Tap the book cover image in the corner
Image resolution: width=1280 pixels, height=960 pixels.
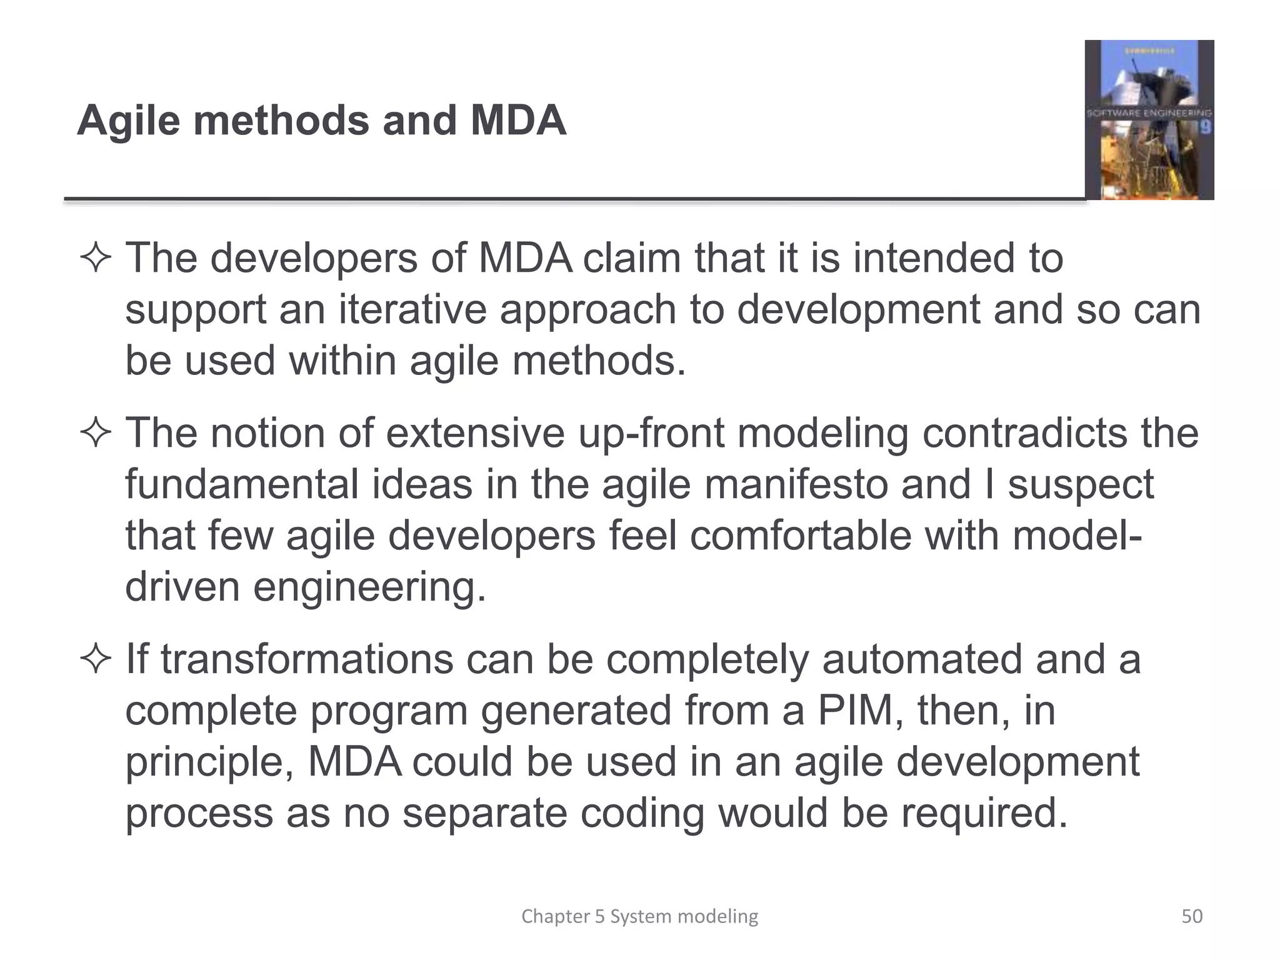point(1149,119)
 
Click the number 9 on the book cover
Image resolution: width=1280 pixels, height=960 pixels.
point(1205,127)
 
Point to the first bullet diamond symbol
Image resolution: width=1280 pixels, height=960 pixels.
point(96,258)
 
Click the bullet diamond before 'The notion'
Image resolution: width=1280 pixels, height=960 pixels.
point(96,433)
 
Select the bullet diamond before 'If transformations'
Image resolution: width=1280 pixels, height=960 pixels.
point(96,659)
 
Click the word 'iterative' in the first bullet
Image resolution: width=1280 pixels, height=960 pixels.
point(412,309)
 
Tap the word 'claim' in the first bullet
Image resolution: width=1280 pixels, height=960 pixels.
point(631,258)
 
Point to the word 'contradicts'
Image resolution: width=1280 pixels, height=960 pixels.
point(1024,433)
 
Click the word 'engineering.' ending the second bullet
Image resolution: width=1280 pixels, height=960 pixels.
point(369,587)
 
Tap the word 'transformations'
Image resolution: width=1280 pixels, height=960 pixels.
point(307,659)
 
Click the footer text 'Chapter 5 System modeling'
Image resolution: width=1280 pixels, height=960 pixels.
point(639,916)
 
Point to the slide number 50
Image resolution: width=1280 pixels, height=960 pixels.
point(1192,916)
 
